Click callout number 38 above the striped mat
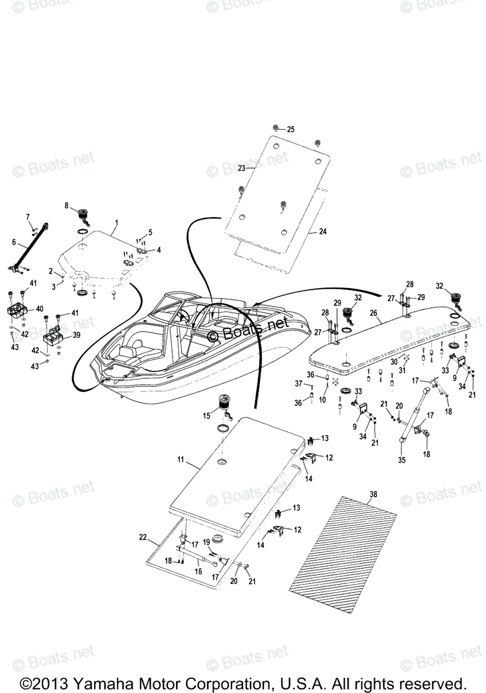click(373, 494)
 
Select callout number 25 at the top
click(290, 129)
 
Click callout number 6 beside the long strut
click(14, 243)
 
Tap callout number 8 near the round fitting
click(66, 205)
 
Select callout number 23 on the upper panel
click(241, 168)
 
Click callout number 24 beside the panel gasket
click(323, 232)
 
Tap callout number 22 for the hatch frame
click(143, 537)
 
